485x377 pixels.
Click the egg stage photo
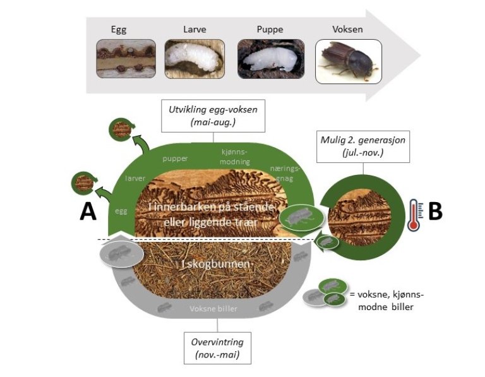[x=126, y=59]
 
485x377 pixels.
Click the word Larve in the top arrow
[x=195, y=29]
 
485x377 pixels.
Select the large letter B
[x=435, y=212]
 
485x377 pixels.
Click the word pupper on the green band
[x=175, y=159]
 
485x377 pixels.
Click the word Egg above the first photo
[x=119, y=29]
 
